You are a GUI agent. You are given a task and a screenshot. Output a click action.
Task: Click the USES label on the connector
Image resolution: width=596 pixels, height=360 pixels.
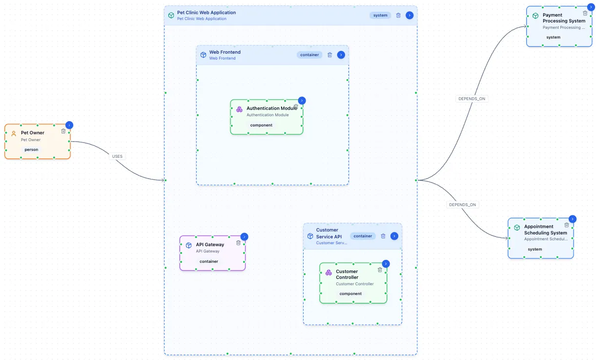pyautogui.click(x=117, y=156)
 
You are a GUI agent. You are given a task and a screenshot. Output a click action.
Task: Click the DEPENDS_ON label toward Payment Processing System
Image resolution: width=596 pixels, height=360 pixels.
pyautogui.click(x=472, y=99)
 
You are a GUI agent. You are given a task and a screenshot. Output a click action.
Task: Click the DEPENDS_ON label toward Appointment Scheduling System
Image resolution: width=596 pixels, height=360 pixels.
pyautogui.click(x=462, y=205)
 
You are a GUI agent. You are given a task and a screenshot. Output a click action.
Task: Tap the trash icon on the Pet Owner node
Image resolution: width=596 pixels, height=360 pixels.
pyautogui.click(x=63, y=131)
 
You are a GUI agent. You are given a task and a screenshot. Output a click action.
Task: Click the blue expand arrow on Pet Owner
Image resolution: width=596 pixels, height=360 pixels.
pyautogui.click(x=69, y=125)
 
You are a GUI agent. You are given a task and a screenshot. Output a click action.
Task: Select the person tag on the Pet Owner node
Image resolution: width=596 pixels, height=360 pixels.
pyautogui.click(x=31, y=149)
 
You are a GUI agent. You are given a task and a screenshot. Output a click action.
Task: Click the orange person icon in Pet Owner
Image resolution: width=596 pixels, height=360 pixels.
pyautogui.click(x=14, y=133)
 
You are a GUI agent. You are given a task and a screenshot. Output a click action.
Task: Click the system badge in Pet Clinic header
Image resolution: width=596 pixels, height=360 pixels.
pyautogui.click(x=380, y=15)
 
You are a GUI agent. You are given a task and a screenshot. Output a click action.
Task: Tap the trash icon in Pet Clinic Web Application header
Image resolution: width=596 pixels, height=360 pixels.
pyautogui.click(x=398, y=15)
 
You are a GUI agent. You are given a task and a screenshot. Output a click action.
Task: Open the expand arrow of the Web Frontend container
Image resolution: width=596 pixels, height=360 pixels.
pyautogui.click(x=341, y=55)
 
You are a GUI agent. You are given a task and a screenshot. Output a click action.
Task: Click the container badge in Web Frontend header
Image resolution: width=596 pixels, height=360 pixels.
pyautogui.click(x=309, y=55)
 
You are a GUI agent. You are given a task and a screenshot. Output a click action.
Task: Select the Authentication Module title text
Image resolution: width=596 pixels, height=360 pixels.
pyautogui.click(x=271, y=108)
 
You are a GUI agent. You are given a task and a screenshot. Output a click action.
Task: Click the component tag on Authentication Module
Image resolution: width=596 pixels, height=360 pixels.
pyautogui.click(x=261, y=125)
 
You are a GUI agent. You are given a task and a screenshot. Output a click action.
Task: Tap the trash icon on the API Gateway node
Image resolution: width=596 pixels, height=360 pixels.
pyautogui.click(x=238, y=243)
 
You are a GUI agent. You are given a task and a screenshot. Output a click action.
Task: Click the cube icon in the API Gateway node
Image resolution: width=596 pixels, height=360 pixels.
pyautogui.click(x=188, y=245)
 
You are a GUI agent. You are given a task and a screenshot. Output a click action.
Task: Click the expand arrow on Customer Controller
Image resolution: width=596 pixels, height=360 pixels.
pyautogui.click(x=386, y=264)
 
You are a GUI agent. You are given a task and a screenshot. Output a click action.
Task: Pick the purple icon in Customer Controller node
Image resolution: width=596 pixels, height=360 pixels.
pyautogui.click(x=329, y=272)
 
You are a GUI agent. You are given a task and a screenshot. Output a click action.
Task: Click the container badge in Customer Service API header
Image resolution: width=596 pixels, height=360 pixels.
pyautogui.click(x=363, y=236)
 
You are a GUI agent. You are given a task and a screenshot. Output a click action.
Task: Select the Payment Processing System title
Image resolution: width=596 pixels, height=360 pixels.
pyautogui.click(x=563, y=18)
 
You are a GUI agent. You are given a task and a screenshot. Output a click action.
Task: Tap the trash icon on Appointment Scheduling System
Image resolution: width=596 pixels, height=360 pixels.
pyautogui.click(x=567, y=225)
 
